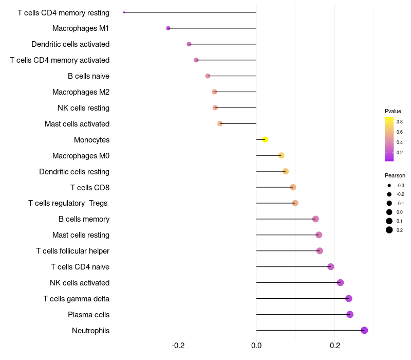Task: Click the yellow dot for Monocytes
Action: pos(265,139)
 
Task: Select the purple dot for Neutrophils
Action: pos(364,330)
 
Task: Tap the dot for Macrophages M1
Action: pos(169,28)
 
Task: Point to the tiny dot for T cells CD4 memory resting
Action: pos(124,12)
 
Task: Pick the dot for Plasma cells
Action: pos(350,314)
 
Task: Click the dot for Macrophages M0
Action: pos(281,156)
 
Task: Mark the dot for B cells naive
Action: pos(208,76)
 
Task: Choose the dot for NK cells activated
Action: pos(340,282)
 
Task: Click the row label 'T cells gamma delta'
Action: pos(76,299)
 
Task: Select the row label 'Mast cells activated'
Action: pos(77,124)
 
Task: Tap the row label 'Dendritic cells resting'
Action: pos(74,172)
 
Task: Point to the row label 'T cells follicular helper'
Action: pos(72,251)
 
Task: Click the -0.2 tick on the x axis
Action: pos(178,346)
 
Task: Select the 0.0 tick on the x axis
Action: pos(256,346)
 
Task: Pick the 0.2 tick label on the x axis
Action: pos(335,346)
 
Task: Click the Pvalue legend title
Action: pos(393,111)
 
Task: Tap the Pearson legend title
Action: pos(395,175)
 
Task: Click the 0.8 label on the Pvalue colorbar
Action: pos(400,122)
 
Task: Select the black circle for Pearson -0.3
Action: pos(389,186)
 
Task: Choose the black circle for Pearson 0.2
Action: pos(389,230)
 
